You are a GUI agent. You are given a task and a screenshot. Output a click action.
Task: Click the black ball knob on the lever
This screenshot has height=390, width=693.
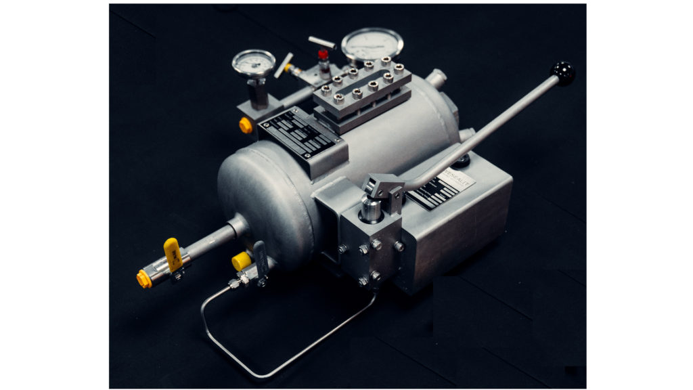tap(563, 72)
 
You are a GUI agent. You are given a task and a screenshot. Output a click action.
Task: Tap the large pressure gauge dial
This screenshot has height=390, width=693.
tap(372, 45)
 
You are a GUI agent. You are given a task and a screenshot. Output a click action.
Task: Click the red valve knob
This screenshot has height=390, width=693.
tap(323, 54)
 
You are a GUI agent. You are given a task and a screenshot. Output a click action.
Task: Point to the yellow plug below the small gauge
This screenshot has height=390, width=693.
tap(246, 125)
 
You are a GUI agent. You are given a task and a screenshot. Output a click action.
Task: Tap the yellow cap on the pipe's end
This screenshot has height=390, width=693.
tap(143, 278)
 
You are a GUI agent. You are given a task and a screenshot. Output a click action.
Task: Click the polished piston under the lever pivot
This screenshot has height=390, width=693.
tap(370, 211)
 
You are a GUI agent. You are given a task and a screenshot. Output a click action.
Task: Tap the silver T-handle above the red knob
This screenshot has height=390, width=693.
tap(321, 42)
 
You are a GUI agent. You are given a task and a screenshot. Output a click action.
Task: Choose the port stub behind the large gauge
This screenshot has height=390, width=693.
tap(438, 79)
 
